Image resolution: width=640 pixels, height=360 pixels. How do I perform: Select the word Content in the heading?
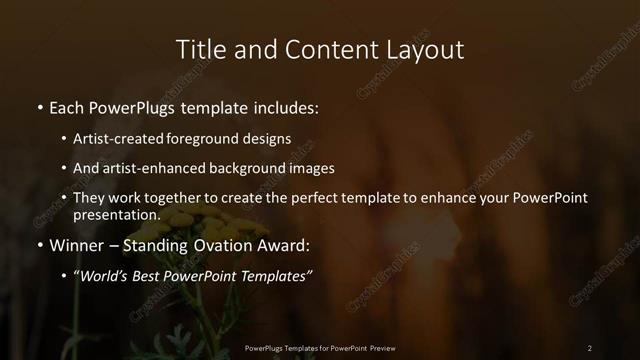[326, 49]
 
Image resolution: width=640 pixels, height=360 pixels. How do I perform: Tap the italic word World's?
[104, 276]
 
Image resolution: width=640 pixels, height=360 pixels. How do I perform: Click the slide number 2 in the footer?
[590, 348]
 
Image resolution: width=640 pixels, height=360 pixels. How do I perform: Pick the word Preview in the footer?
[378, 348]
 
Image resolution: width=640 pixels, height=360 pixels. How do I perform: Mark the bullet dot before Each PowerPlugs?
[39, 107]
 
